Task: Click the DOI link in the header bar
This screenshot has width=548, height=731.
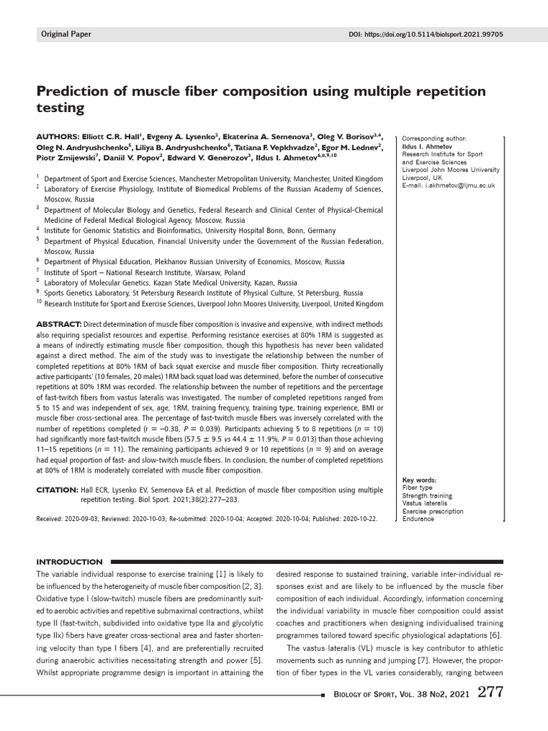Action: click(x=425, y=34)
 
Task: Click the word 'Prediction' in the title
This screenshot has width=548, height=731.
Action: click(x=79, y=92)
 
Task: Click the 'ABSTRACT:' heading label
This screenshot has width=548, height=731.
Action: click(x=59, y=325)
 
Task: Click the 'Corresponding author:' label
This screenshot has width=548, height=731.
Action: click(x=434, y=138)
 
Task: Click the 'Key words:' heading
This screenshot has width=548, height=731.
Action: click(x=420, y=480)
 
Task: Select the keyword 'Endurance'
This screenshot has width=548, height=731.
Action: click(x=418, y=519)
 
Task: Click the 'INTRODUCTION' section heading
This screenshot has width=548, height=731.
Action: click(x=69, y=562)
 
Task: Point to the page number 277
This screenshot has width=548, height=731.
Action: click(x=494, y=692)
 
